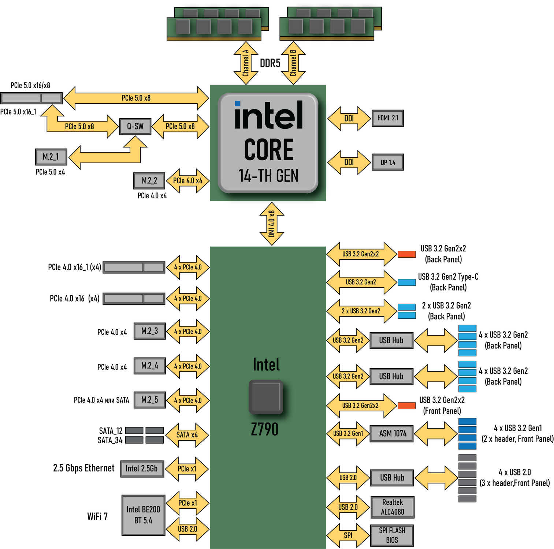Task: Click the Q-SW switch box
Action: pyautogui.click(x=135, y=127)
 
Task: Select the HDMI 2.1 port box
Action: pyautogui.click(x=388, y=118)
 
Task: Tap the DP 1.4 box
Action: pyautogui.click(x=388, y=162)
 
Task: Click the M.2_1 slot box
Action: pyautogui.click(x=51, y=157)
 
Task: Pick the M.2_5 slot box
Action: pyautogui.click(x=149, y=400)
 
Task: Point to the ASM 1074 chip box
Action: pyautogui.click(x=392, y=434)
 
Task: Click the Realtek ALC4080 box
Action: pyautogui.click(x=393, y=507)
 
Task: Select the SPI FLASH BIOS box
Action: pyautogui.click(x=392, y=535)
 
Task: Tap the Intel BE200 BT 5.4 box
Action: pyautogui.click(x=143, y=515)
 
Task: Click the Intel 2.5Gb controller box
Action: pyautogui.click(x=142, y=469)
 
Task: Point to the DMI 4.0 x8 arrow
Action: pyautogui.click(x=272, y=224)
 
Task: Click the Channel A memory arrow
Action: pyautogui.click(x=246, y=63)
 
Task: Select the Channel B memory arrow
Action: pyautogui.click(x=293, y=63)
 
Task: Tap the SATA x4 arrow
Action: pyautogui.click(x=187, y=435)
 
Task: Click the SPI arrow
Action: pyautogui.click(x=348, y=535)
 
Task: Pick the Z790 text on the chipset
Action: pyautogui.click(x=265, y=429)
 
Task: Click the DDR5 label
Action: pyautogui.click(x=270, y=63)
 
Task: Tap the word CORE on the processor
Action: pyautogui.click(x=269, y=150)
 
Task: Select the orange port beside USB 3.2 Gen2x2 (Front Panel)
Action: pyautogui.click(x=406, y=406)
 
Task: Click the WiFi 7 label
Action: pyautogui.click(x=97, y=516)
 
